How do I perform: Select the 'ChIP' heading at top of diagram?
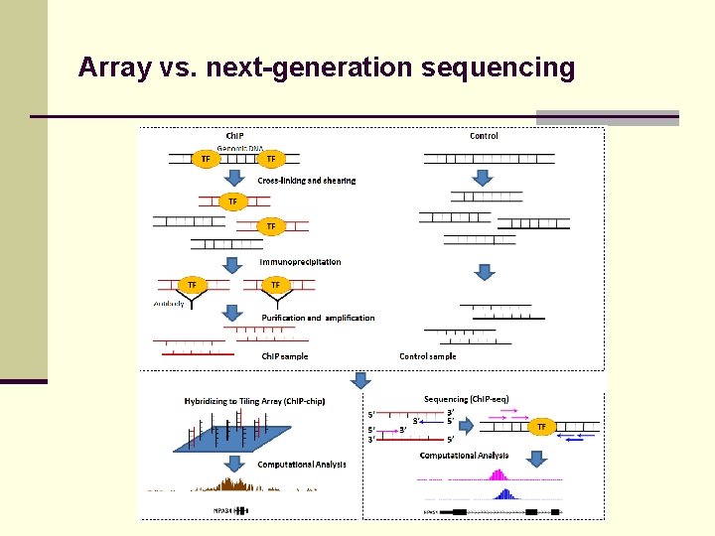(x=236, y=136)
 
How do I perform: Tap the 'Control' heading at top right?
(x=484, y=136)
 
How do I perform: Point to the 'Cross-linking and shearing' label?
(x=307, y=181)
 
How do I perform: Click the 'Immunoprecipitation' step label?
(x=301, y=262)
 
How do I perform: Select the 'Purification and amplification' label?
(x=318, y=318)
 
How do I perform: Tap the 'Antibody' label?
(x=169, y=304)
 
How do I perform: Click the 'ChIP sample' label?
(x=285, y=356)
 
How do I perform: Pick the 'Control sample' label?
(x=428, y=356)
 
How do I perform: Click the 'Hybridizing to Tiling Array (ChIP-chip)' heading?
(x=254, y=401)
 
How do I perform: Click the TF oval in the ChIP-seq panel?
(x=541, y=426)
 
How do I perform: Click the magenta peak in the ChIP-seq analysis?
(x=499, y=474)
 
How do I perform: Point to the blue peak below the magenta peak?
(x=503, y=493)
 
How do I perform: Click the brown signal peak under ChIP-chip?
(x=237, y=483)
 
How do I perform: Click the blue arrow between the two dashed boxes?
(x=361, y=380)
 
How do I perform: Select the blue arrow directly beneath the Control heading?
(x=482, y=177)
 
